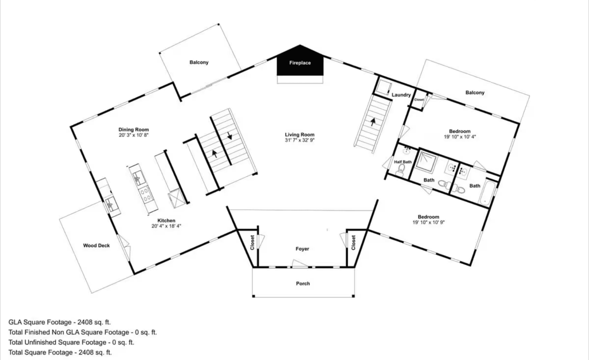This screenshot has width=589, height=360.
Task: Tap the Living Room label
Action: click(299, 135)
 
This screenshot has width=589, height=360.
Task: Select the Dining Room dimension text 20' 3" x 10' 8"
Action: click(133, 135)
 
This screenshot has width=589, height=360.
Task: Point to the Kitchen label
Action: click(166, 220)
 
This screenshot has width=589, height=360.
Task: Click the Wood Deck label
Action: click(96, 246)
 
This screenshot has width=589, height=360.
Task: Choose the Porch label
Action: click(303, 284)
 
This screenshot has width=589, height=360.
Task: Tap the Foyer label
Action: click(302, 249)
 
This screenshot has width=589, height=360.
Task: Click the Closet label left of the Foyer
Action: click(252, 243)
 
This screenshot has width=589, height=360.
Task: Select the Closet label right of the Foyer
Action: click(353, 243)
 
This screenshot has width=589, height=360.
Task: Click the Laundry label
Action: click(401, 95)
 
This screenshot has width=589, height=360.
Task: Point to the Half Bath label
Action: click(403, 162)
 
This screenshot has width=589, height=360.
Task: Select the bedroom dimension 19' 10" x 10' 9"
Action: click(428, 222)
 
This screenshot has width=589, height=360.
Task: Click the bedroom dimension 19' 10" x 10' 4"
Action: click(460, 137)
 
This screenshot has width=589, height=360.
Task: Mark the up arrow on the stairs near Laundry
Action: click(373, 122)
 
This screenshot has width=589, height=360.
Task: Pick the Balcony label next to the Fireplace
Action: click(199, 63)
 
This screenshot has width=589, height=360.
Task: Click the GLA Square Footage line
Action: click(60, 322)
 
